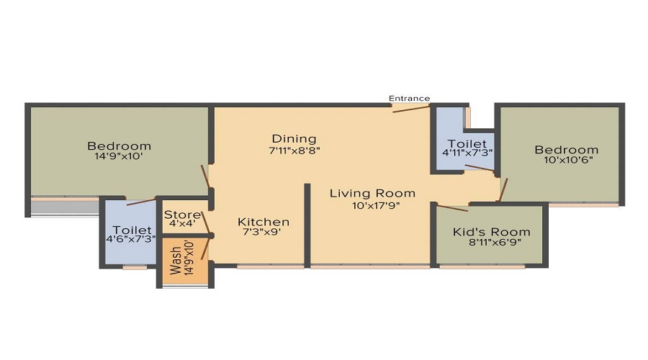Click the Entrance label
409,99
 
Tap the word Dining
294,139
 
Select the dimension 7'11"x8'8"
294,150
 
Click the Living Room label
372,194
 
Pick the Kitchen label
264,222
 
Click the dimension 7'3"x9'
263,233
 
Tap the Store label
182,215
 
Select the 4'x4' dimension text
182,225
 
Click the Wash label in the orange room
175,261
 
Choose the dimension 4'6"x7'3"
130,239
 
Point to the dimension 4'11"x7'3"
467,153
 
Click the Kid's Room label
491,232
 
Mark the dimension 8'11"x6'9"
494,243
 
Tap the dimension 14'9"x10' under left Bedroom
119,156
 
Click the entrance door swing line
411,109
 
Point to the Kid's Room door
453,208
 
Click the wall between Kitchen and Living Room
307,225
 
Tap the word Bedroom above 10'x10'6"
566,150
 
